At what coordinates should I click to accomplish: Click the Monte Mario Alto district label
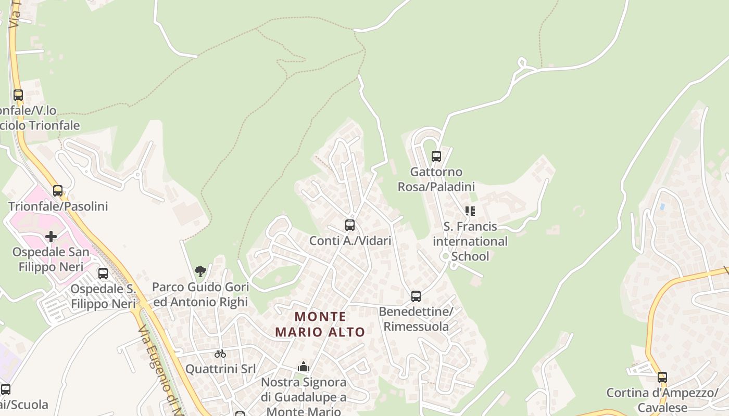pos(320,324)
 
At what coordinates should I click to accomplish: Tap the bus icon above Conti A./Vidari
pos(350,225)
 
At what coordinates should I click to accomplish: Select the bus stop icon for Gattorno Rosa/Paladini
pos(436,156)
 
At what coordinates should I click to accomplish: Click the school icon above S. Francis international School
pos(470,211)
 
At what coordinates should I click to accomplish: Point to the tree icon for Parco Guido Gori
pos(200,271)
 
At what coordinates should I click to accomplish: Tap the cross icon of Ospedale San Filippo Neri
pos(51,237)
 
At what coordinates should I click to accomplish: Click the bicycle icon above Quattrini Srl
pos(220,354)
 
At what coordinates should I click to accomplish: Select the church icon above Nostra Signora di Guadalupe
pos(304,367)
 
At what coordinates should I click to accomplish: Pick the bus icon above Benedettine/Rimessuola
pos(416,296)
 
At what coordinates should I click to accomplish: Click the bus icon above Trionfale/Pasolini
pos(58,191)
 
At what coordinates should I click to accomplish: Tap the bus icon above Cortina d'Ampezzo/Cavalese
pos(662,377)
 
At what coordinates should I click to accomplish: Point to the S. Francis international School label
pos(470,241)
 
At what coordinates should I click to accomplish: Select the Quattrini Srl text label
pos(220,369)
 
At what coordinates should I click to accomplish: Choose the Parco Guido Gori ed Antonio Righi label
pos(200,294)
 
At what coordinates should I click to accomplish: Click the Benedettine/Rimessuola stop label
pos(416,319)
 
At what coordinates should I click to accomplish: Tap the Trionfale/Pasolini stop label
pos(58,206)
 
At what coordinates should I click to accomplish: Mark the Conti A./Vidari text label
pos(350,240)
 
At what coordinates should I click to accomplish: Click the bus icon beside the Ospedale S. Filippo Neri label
pos(103,274)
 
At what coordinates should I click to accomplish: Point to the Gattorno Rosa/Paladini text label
pos(436,179)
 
